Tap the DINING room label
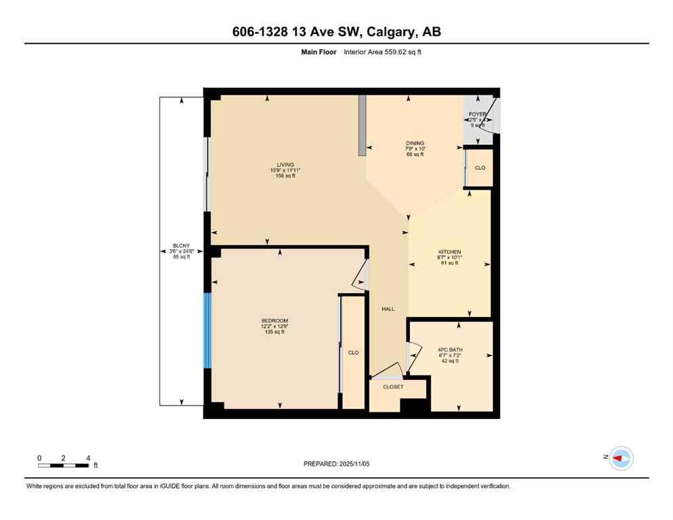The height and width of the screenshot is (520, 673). pos(415,143)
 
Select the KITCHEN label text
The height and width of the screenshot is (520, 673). pos(449,252)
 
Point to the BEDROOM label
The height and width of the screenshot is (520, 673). pos(274,320)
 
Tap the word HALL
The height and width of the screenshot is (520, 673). pos(388,309)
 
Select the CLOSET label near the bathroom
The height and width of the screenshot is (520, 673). pos(393,387)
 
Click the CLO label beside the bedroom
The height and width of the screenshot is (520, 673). pos(353,353)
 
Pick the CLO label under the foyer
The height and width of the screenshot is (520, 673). pos(480,168)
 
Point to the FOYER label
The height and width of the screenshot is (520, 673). pos(478,114)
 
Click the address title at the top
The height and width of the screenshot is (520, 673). pos(336,32)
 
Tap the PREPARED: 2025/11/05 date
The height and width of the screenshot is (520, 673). pos(337,464)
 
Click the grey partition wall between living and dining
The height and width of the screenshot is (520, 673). pos(363,121)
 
